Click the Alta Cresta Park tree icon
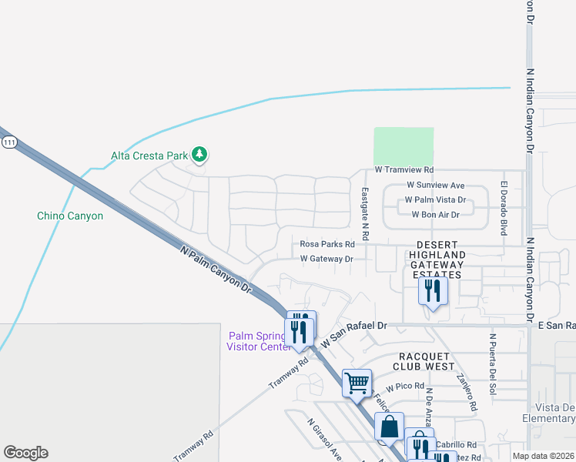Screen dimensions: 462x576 click(199, 155)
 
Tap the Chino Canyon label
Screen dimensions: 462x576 click(70, 216)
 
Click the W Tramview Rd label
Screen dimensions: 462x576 click(404, 169)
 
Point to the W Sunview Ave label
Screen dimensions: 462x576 click(436, 186)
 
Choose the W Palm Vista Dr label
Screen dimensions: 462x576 click(436, 200)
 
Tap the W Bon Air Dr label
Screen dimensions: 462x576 click(436, 215)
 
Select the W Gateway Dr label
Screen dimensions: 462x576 click(327, 259)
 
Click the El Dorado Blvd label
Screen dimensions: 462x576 click(504, 207)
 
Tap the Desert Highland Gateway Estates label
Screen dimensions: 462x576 click(437, 255)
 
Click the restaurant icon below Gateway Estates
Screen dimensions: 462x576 click(433, 291)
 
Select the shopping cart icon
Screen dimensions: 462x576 click(357, 382)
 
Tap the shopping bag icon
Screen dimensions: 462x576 click(390, 426)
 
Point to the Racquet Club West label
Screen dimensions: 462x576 click(427, 362)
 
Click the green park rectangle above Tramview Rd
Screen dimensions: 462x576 click(404, 146)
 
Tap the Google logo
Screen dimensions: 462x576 click(25, 453)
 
